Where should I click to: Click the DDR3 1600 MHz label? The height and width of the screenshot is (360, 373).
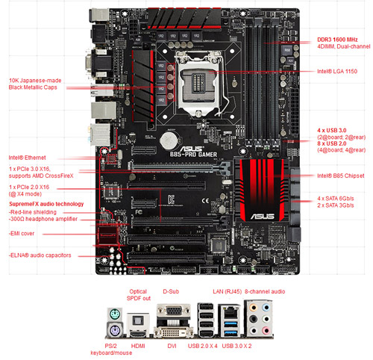pyautogui.click(x=337, y=38)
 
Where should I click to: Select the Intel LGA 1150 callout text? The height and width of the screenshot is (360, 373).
pyautogui.click(x=337, y=71)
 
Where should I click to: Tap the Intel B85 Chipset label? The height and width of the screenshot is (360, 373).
pyautogui.click(x=339, y=176)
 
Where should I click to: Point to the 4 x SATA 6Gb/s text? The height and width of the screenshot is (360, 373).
pyautogui.click(x=336, y=198)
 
